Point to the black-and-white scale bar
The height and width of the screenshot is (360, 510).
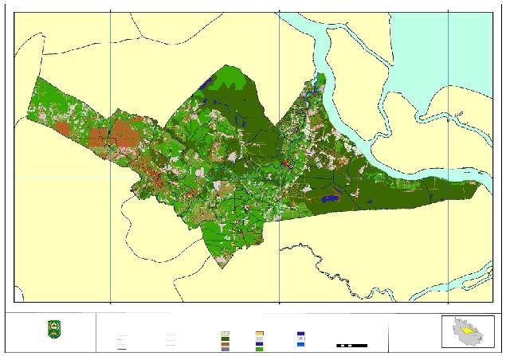(x=351, y=345)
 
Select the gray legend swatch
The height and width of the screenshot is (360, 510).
(x=226, y=349)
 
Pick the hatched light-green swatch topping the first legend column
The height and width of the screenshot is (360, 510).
(x=226, y=333)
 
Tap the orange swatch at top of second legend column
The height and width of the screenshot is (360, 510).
(x=259, y=333)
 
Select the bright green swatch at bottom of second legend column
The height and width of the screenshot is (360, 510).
(x=259, y=349)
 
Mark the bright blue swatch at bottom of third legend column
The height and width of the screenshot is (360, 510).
(x=300, y=344)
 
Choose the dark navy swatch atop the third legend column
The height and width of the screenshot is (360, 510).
(x=300, y=333)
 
